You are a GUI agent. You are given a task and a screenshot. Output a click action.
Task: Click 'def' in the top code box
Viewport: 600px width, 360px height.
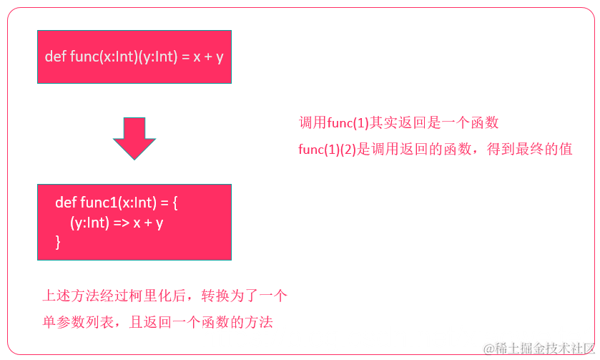tap(55, 57)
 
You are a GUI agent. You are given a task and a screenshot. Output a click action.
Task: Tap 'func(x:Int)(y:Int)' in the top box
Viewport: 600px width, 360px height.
tap(123, 57)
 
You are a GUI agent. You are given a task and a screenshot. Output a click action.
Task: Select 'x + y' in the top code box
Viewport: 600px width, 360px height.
tap(208, 57)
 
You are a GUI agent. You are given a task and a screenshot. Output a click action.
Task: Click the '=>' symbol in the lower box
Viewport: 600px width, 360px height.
tap(120, 223)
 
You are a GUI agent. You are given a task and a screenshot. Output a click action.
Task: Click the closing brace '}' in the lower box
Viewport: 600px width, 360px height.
tap(58, 243)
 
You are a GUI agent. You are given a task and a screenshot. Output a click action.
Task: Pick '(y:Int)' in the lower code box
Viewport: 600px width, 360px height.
tap(89, 223)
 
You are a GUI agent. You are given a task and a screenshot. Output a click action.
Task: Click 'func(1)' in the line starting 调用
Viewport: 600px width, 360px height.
tap(348, 122)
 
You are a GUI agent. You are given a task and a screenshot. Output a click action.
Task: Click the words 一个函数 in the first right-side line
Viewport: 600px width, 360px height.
tap(472, 122)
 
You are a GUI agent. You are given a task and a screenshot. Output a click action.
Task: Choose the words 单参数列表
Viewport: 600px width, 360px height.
tap(78, 322)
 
